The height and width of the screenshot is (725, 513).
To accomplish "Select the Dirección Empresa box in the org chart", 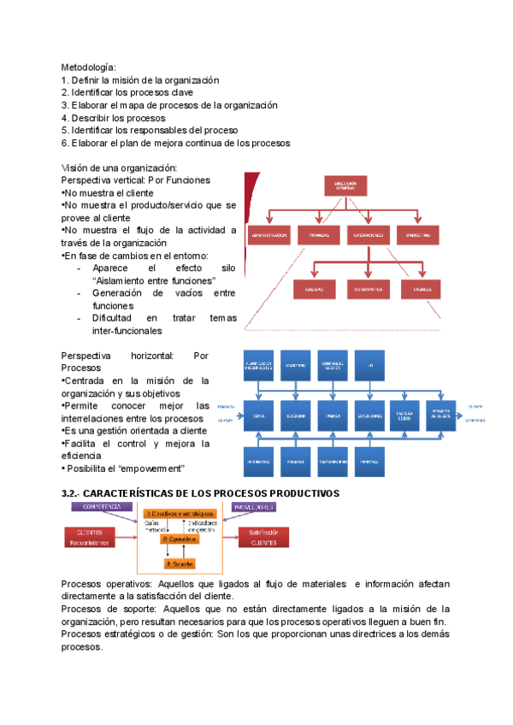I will coord(345,187).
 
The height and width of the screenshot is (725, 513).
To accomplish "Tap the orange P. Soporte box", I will coord(180,563).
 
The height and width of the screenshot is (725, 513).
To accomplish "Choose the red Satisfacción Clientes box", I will coord(262,537).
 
